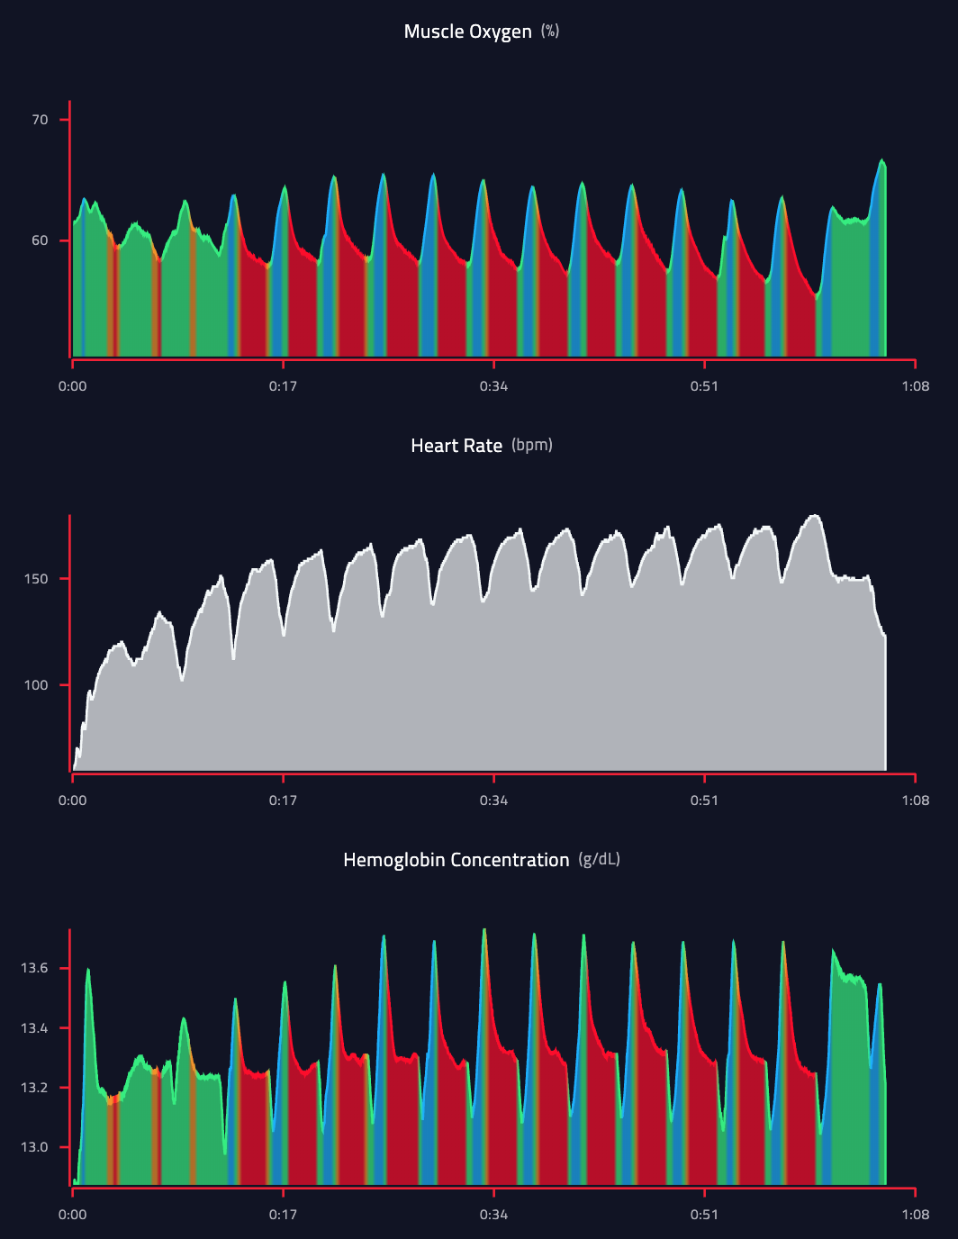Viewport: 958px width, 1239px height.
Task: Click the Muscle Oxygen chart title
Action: tap(467, 32)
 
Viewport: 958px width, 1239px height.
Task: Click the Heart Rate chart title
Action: tap(456, 446)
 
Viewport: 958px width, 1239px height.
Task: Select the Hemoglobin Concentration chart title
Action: tap(456, 860)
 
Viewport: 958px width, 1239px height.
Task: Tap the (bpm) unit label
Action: tap(532, 445)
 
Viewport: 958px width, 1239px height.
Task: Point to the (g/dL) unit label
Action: tap(599, 859)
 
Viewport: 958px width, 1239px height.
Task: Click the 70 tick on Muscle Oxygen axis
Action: tap(40, 120)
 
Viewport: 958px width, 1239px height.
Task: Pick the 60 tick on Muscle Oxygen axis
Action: tap(40, 240)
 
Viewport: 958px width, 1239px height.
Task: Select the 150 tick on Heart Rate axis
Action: tap(36, 579)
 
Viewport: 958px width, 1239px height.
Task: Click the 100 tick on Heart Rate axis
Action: tap(36, 685)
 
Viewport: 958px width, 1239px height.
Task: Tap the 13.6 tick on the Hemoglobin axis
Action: tap(34, 968)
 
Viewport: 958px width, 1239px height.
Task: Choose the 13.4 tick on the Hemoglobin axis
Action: tap(34, 1027)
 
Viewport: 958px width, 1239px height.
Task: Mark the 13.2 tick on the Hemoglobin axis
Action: tap(34, 1088)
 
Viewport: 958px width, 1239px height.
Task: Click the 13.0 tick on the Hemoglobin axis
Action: tap(34, 1147)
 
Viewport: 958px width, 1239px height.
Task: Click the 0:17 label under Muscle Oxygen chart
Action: tap(283, 386)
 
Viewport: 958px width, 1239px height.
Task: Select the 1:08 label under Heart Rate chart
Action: tap(915, 800)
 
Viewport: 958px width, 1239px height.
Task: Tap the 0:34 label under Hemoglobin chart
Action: tap(493, 1215)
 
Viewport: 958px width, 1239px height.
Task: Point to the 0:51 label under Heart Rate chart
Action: tap(704, 800)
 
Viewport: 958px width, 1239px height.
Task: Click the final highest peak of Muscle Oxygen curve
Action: tap(882, 160)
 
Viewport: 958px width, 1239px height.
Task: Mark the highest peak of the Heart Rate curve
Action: tap(816, 516)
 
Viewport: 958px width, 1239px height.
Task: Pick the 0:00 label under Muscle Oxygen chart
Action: tap(73, 386)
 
